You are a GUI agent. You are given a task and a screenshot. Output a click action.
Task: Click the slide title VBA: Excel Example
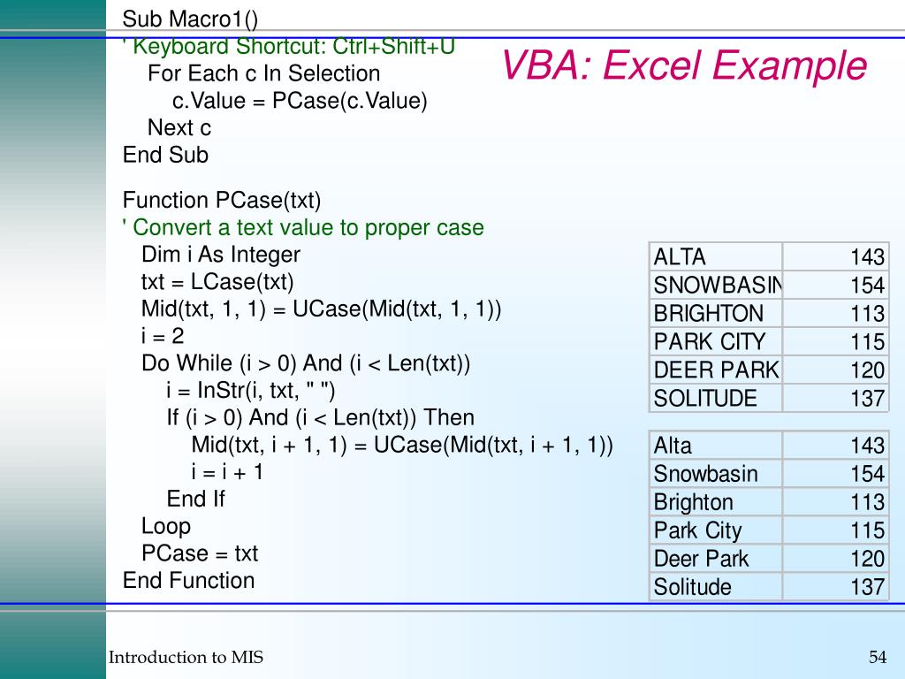coord(684,66)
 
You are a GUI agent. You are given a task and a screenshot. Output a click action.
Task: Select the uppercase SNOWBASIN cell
coord(716,286)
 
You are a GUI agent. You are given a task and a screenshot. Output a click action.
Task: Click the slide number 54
coord(877,657)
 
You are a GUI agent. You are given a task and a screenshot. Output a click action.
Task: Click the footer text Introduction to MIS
coord(186,657)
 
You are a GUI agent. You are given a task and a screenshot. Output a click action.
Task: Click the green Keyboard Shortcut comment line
coord(289,47)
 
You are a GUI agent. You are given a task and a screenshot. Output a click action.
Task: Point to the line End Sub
coord(165,156)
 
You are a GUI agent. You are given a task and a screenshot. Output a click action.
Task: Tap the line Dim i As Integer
coord(220,255)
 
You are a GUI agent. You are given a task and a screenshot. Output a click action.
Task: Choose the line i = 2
coord(163,336)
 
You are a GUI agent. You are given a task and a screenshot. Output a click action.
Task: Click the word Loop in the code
coord(165,526)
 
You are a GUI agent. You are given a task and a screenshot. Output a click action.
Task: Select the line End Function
coord(188,581)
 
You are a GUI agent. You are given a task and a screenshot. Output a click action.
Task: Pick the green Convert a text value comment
coord(303,227)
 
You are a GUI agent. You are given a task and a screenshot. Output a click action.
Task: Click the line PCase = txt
coord(199,553)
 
